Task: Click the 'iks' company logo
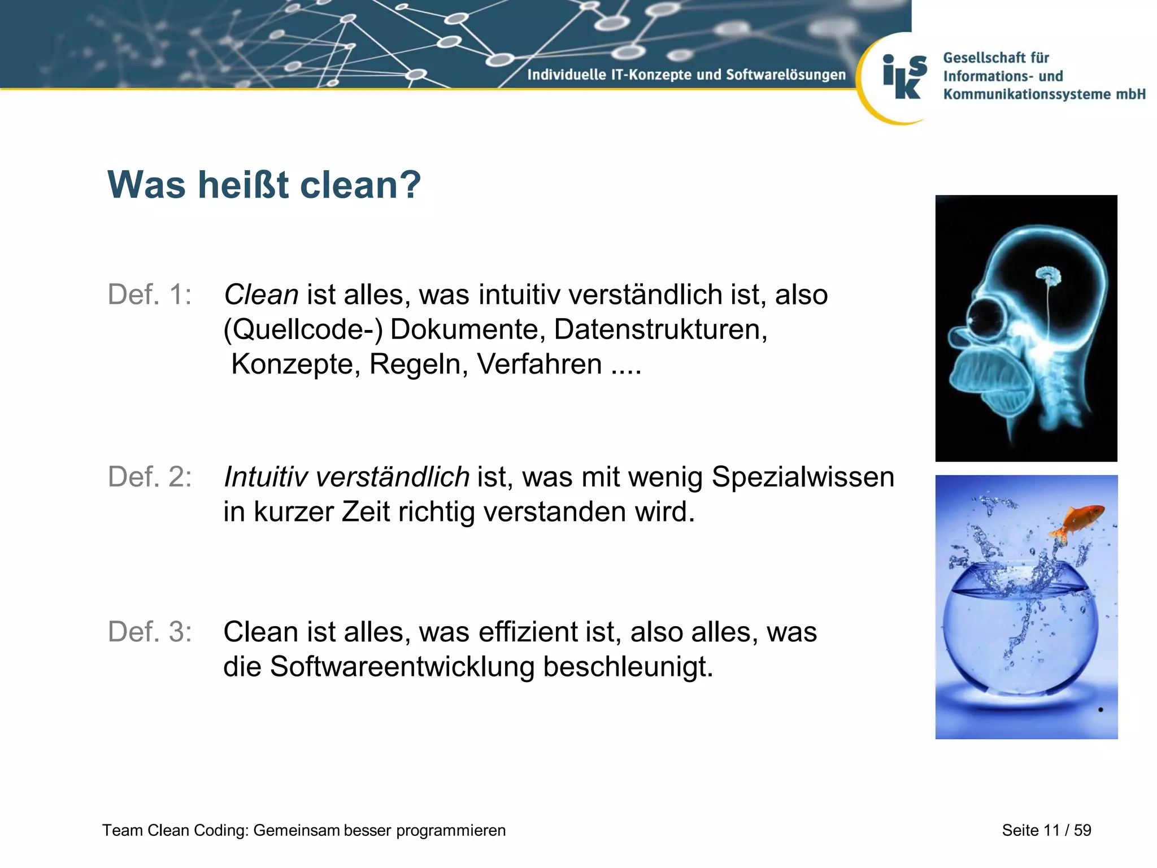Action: (x=904, y=77)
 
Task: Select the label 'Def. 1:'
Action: (x=150, y=294)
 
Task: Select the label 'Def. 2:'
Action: (x=150, y=476)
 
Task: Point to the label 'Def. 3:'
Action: (x=150, y=631)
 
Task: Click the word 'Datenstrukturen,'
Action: (x=660, y=329)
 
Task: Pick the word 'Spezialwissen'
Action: (x=803, y=476)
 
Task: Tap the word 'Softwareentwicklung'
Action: (x=402, y=666)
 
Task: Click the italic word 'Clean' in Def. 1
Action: (x=261, y=294)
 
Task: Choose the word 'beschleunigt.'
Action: (x=628, y=666)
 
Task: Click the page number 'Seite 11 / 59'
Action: (x=1046, y=830)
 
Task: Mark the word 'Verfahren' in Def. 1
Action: (x=540, y=364)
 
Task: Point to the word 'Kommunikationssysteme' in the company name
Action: (x=1026, y=94)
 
